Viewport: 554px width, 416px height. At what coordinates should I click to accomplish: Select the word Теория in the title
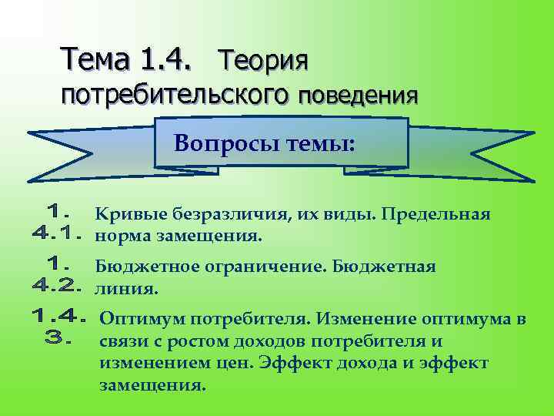pyautogui.click(x=264, y=59)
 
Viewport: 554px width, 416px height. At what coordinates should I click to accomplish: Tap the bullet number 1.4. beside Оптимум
pyautogui.click(x=58, y=316)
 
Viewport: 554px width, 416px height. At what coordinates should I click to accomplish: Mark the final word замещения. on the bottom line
pyautogui.click(x=152, y=384)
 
